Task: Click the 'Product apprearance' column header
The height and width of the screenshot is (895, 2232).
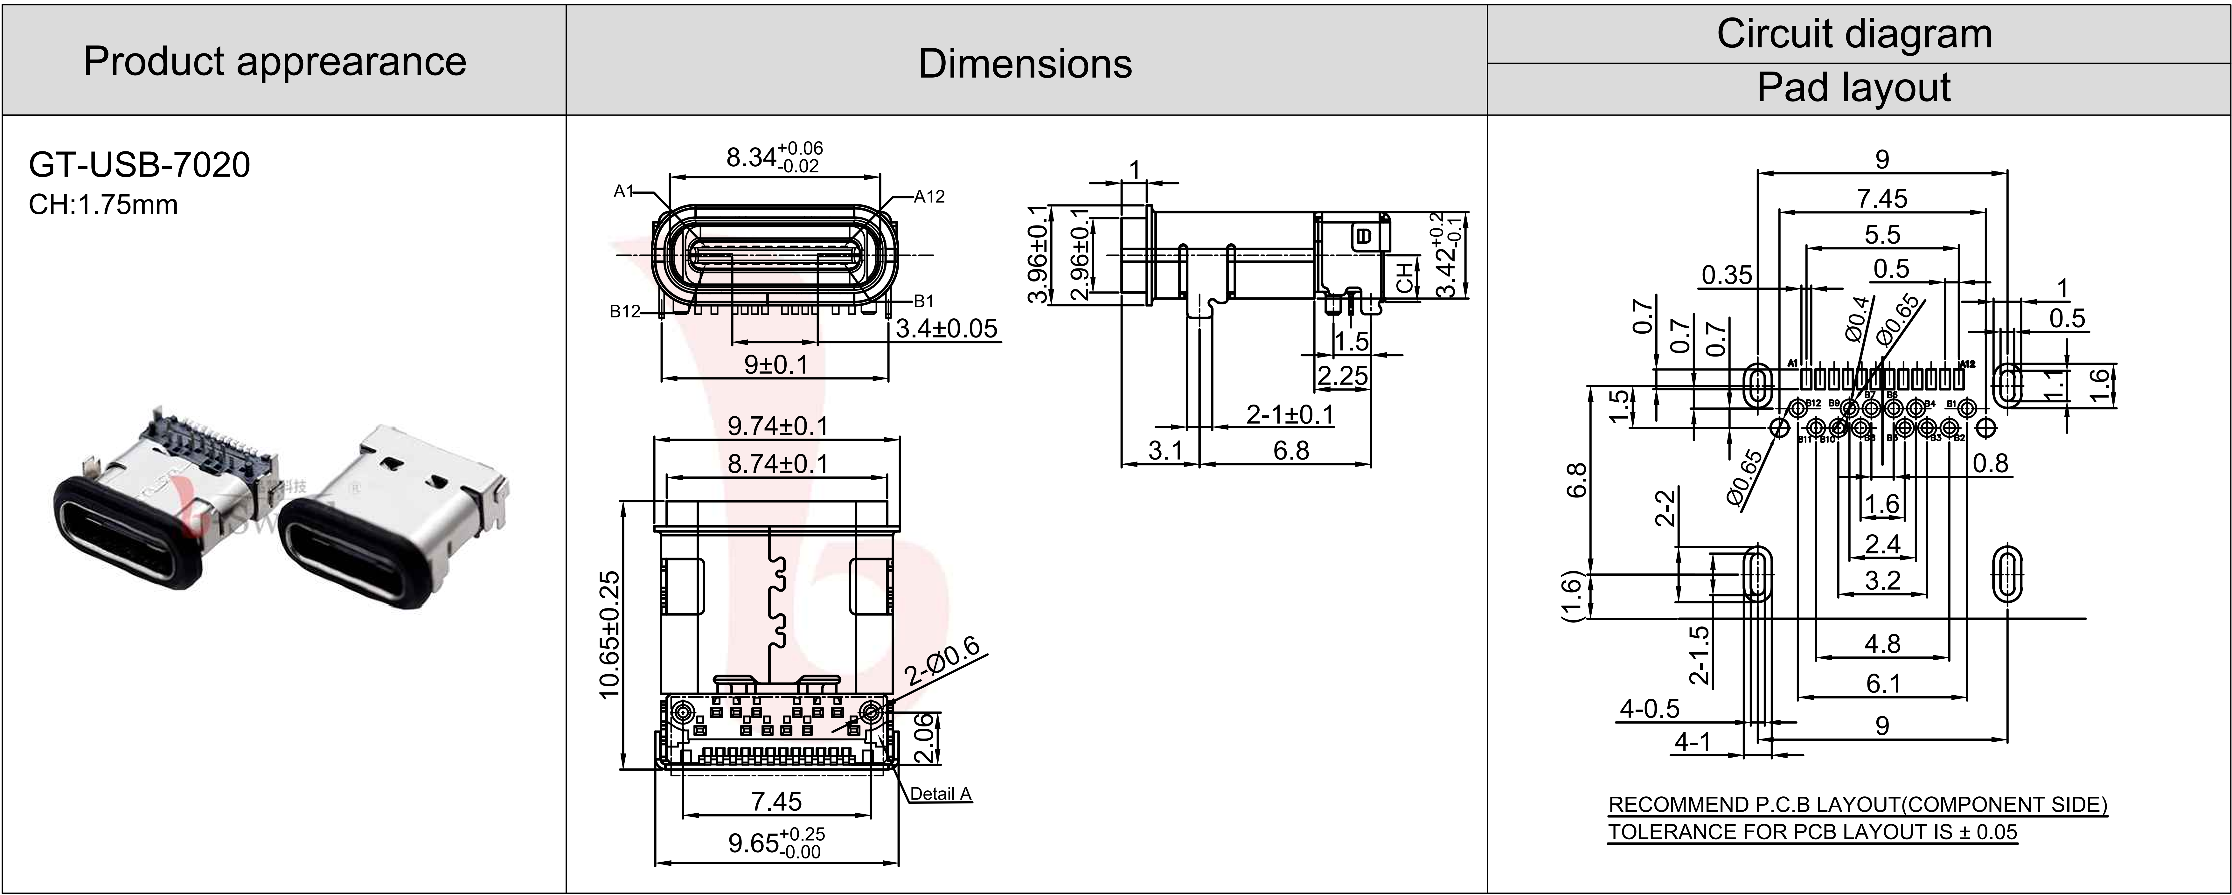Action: (275, 61)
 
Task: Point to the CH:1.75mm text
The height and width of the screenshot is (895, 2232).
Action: (103, 205)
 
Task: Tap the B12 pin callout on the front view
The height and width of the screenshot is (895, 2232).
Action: (625, 311)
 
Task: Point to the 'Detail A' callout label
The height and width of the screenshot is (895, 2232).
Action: (940, 794)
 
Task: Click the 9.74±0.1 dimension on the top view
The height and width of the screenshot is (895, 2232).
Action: (777, 426)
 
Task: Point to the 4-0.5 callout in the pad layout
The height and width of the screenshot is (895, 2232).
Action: (1650, 709)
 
